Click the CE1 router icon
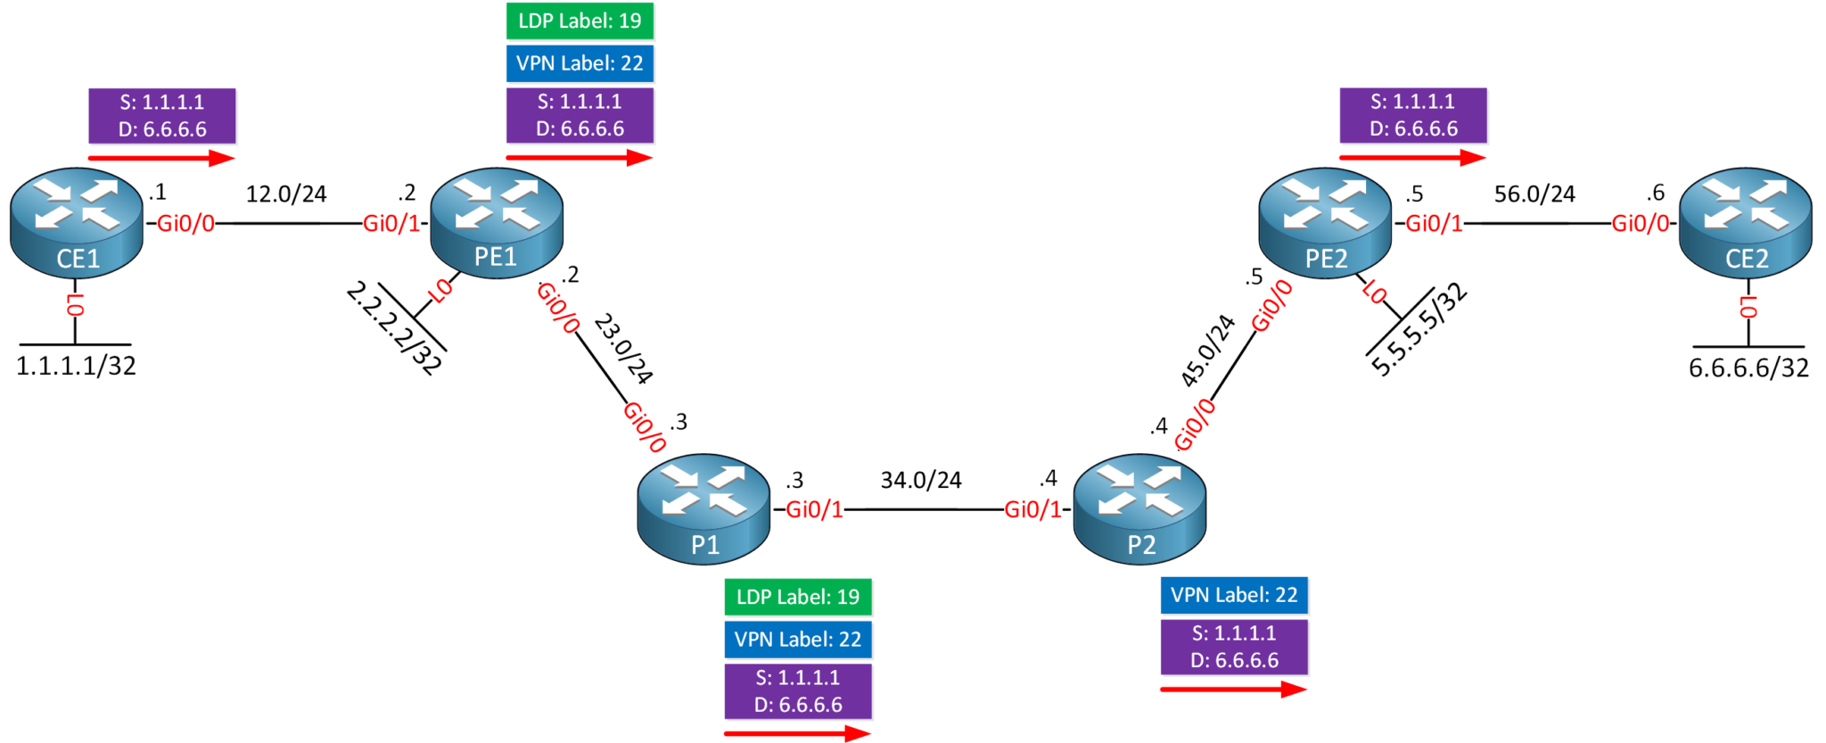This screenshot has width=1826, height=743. [x=77, y=223]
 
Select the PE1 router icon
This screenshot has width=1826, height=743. [x=497, y=223]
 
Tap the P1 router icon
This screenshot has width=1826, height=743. [x=703, y=509]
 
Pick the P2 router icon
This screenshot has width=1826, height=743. [x=1139, y=509]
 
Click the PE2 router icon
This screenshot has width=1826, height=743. [x=1325, y=223]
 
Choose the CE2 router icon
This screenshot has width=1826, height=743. [x=1745, y=223]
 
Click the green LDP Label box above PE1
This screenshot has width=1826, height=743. [x=580, y=21]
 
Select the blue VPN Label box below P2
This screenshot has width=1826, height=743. [x=1234, y=595]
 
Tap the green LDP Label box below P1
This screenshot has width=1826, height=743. [x=798, y=597]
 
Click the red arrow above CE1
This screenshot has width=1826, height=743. [x=161, y=159]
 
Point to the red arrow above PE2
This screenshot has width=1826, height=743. [x=1412, y=158]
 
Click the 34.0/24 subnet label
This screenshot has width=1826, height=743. [x=921, y=480]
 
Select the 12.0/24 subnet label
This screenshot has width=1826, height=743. [x=286, y=194]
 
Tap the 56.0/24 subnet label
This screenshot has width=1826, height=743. [x=1534, y=194]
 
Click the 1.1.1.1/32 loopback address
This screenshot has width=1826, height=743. [x=77, y=366]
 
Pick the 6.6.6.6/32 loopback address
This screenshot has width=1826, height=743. [x=1748, y=367]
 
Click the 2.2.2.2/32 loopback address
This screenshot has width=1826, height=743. [x=394, y=328]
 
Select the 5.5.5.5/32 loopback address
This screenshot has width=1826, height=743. [x=1418, y=330]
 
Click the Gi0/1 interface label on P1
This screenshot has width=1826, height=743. [x=814, y=509]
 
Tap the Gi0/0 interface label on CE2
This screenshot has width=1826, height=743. [x=1640, y=224]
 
